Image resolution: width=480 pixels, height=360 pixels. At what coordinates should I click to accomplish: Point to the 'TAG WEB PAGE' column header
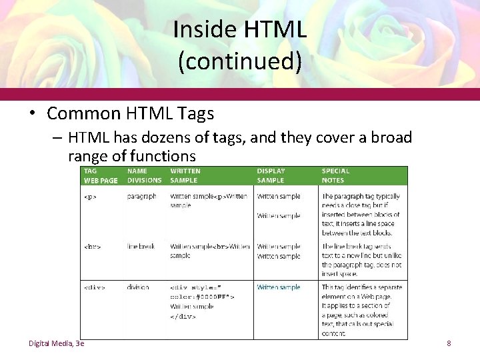click(100, 175)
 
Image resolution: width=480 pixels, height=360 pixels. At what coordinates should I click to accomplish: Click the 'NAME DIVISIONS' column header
click(144, 175)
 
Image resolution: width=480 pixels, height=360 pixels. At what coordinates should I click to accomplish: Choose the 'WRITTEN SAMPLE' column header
click(185, 175)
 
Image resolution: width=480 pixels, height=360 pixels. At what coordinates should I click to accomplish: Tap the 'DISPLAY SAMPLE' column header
click(270, 175)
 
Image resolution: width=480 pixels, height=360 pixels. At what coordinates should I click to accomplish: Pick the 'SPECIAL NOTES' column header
click(335, 175)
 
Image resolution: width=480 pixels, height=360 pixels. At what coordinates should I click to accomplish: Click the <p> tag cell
click(89, 197)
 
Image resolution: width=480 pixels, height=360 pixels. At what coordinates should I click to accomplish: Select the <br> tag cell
click(92, 247)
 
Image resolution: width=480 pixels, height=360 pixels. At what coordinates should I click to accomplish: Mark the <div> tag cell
click(94, 288)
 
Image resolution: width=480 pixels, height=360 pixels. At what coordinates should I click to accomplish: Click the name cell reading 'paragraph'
click(142, 197)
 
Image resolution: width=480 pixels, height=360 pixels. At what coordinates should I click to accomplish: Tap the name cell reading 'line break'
click(141, 247)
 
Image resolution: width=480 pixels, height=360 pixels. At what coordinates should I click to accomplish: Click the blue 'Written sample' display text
click(279, 287)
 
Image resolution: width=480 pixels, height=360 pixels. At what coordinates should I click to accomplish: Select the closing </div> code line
click(183, 317)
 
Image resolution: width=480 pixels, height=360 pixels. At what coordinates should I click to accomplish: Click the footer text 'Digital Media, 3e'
click(56, 343)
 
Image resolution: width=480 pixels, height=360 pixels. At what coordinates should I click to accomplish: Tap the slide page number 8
click(449, 343)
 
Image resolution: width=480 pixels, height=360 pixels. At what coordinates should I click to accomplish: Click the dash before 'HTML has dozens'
click(57, 138)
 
